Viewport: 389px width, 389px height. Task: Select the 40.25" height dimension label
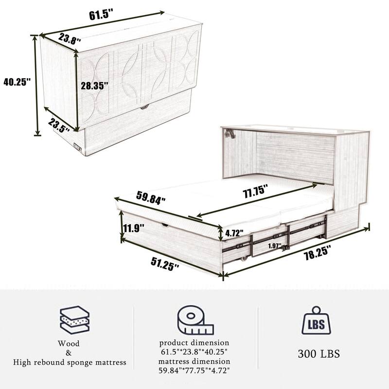pyautogui.click(x=17, y=82)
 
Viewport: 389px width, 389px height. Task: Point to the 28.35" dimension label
pyautogui.click(x=94, y=86)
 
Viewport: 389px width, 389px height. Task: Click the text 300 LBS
pyautogui.click(x=319, y=354)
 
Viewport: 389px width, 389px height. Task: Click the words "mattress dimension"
pyautogui.click(x=194, y=361)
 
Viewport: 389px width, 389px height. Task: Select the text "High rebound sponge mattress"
pyautogui.click(x=70, y=362)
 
